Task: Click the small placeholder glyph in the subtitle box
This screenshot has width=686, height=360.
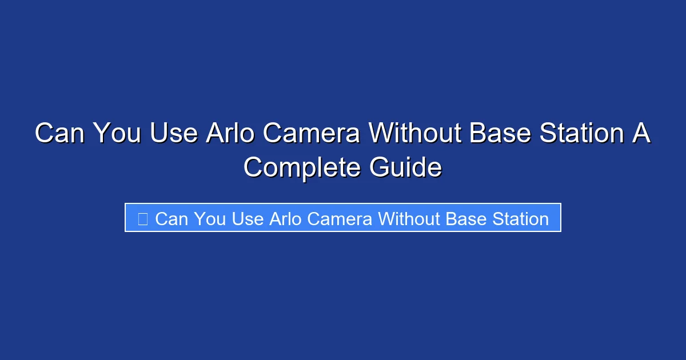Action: pyautogui.click(x=143, y=218)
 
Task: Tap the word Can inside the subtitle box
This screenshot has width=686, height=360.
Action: pyautogui.click(x=171, y=218)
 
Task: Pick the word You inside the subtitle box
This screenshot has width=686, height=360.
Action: pyautogui.click(x=210, y=218)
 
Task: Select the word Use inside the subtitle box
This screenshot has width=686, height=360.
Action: pyautogui.click(x=247, y=218)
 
